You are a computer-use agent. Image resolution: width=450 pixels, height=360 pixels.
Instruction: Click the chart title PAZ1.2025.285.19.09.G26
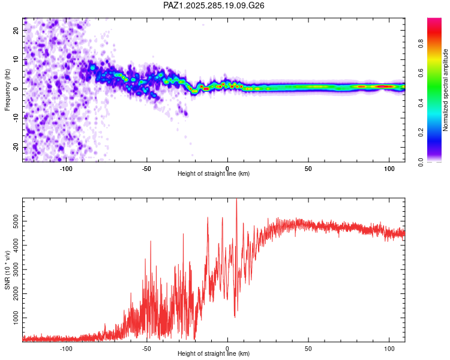[x=214, y=5]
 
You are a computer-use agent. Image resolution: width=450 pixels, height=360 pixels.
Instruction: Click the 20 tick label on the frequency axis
[x=17, y=31]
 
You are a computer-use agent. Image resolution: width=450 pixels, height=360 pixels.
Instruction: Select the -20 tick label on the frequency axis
[x=16, y=148]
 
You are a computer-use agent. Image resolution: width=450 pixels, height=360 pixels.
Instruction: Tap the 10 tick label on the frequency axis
[x=17, y=60]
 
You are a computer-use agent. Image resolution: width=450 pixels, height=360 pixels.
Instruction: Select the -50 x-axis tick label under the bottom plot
[x=146, y=348]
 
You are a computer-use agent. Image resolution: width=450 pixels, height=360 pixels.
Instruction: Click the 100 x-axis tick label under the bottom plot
[x=389, y=348]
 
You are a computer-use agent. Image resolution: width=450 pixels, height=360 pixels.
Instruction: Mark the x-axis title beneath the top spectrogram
[x=214, y=174]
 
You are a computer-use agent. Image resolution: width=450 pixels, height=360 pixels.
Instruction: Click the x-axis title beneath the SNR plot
[x=214, y=354]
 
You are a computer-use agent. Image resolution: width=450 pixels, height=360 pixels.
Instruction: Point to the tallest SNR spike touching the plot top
[x=236, y=200]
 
